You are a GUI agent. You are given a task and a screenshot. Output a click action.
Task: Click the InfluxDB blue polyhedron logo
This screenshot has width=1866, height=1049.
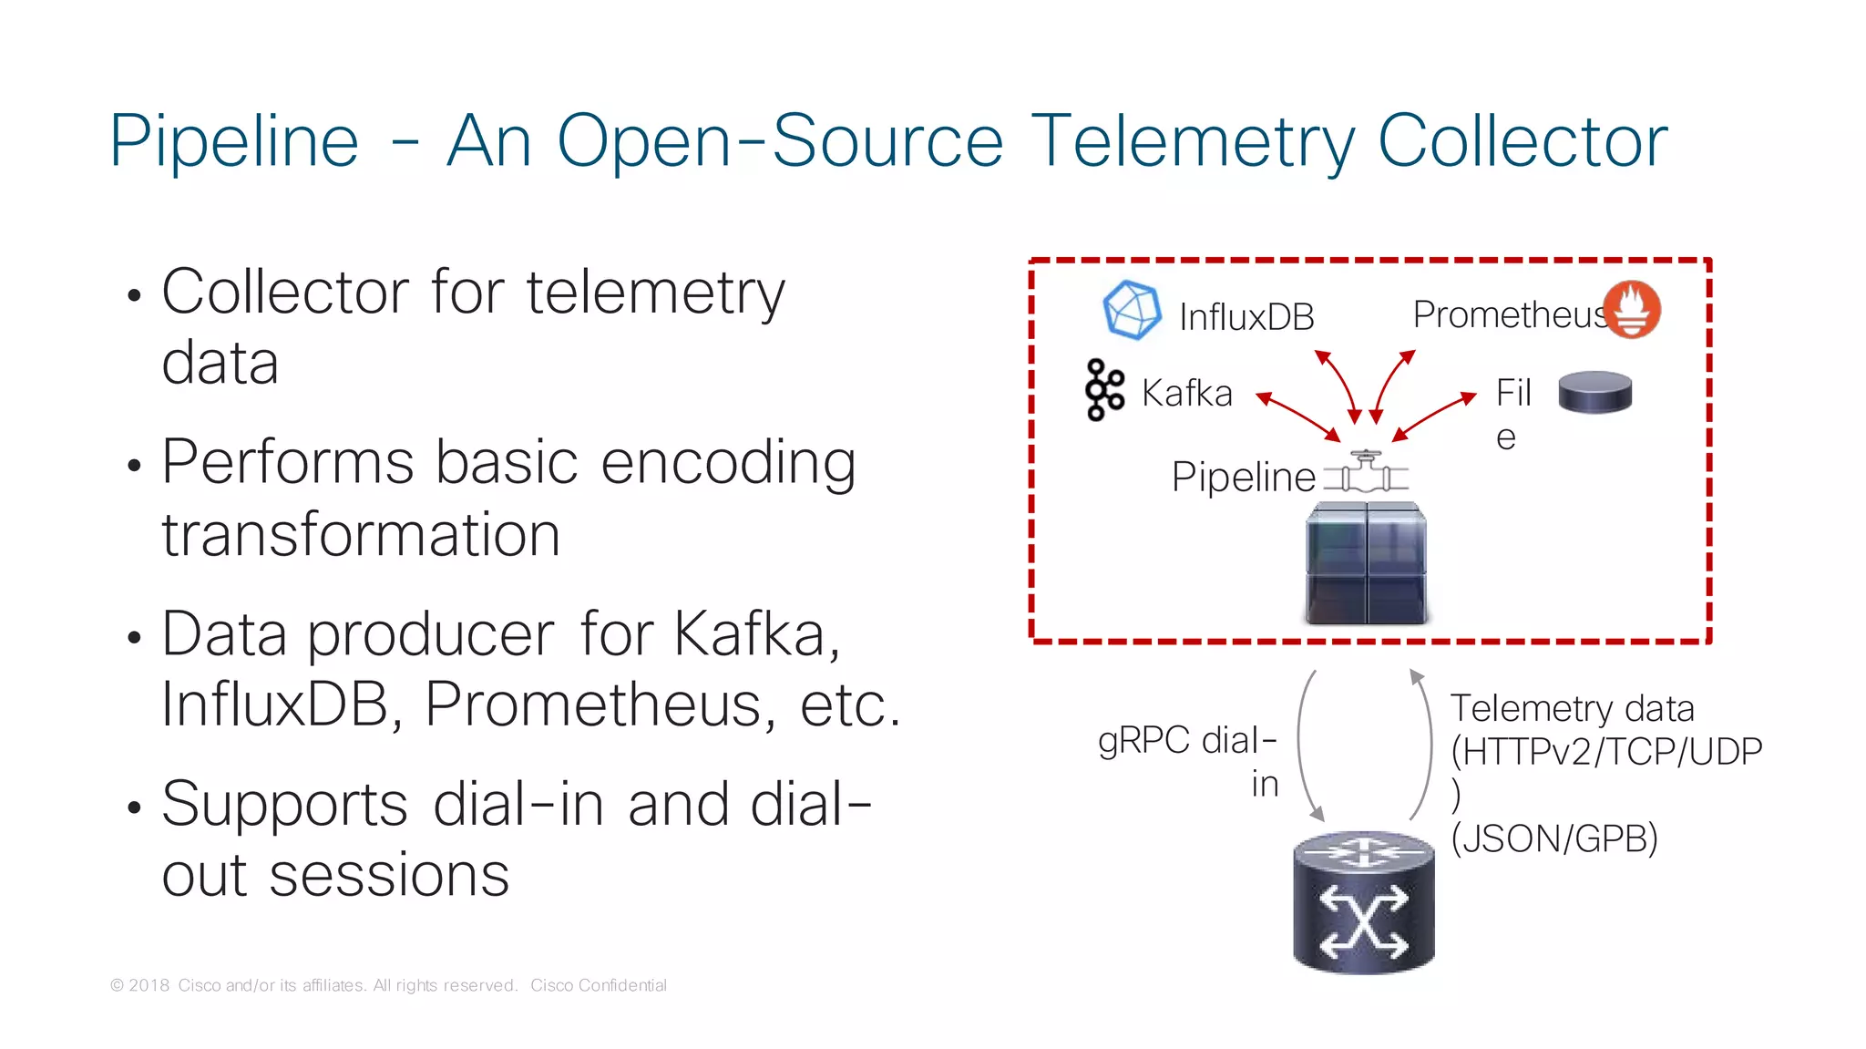[x=1132, y=310]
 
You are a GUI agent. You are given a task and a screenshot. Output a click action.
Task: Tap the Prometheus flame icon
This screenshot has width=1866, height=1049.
[x=1632, y=310]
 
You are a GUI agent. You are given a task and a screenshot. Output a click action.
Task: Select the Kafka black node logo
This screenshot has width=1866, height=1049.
[x=1104, y=390]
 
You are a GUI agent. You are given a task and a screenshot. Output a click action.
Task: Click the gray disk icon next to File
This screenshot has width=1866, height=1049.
[x=1594, y=392]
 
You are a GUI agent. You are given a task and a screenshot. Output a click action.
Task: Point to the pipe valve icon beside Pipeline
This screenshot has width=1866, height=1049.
[x=1365, y=472]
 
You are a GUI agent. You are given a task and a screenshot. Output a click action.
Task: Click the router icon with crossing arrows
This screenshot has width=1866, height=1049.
[x=1364, y=902]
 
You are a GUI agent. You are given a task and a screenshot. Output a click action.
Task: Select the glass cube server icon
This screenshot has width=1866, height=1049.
[x=1366, y=565]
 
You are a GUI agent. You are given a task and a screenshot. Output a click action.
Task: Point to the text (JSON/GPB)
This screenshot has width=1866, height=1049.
[x=1553, y=838]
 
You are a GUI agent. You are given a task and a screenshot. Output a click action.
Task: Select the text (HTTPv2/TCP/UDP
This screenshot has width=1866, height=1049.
[x=1606, y=752]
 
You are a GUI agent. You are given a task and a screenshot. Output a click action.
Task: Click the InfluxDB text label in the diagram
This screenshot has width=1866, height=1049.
[x=1246, y=317]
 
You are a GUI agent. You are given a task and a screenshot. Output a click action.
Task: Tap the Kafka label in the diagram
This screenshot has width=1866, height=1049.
[x=1186, y=394]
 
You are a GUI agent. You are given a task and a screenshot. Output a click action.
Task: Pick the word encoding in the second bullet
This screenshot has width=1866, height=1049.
[x=728, y=462]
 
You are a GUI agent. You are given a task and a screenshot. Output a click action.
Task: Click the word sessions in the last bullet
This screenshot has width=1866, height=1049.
[x=389, y=875]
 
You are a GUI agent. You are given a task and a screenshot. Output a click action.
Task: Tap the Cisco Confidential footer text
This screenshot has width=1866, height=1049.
[x=599, y=985]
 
